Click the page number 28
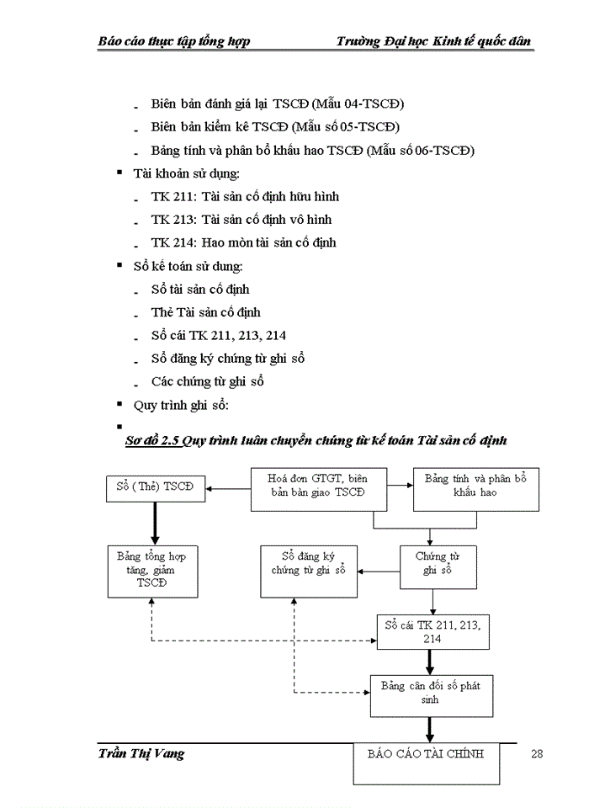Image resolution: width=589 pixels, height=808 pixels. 537,753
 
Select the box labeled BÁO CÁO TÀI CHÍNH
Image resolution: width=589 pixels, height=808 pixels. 425,762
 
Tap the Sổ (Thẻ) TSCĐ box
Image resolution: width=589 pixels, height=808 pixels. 156,487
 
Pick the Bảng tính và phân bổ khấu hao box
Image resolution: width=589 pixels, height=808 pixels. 475,487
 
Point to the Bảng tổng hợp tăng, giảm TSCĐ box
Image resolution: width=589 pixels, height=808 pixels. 152,570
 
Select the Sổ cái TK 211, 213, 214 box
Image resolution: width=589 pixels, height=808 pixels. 432,632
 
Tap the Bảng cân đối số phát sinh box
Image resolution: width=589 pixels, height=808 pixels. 430,694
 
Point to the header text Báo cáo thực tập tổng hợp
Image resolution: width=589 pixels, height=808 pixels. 174,41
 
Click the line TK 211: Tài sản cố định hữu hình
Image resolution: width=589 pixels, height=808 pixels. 245,197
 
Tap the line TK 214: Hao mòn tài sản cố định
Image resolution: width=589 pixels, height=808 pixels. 243,242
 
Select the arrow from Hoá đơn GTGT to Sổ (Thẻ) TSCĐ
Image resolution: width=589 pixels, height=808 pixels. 228,487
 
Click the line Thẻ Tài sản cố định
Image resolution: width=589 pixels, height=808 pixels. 205,312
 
